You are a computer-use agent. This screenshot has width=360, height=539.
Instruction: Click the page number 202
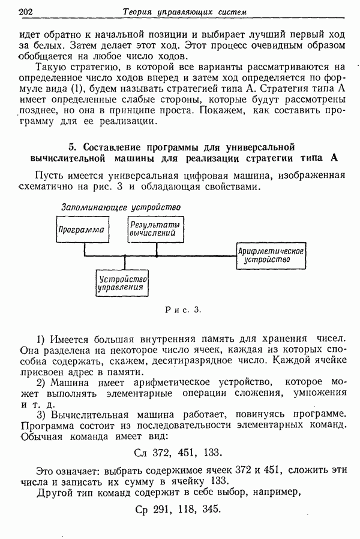click(26, 11)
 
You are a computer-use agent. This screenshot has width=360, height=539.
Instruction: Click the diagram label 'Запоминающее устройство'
click(121, 207)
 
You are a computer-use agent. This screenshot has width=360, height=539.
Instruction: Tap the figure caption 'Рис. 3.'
click(182, 310)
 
